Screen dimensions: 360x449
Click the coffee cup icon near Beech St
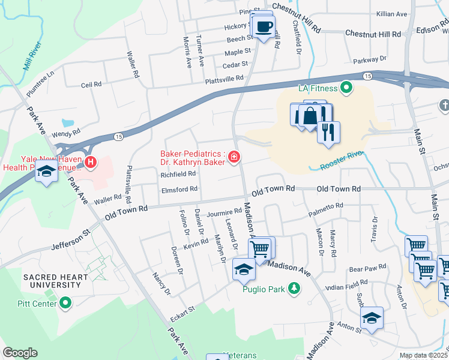point(264,27)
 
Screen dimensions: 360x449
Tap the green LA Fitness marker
point(346,89)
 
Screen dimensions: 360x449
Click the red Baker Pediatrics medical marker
point(233,158)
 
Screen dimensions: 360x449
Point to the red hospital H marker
point(91,161)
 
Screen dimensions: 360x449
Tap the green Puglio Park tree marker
point(294,289)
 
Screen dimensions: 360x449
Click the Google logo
point(20,353)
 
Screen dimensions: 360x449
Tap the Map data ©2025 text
point(423,355)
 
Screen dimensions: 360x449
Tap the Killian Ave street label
point(408,13)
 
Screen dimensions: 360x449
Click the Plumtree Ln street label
point(43,81)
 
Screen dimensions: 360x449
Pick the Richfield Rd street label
point(178,174)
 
